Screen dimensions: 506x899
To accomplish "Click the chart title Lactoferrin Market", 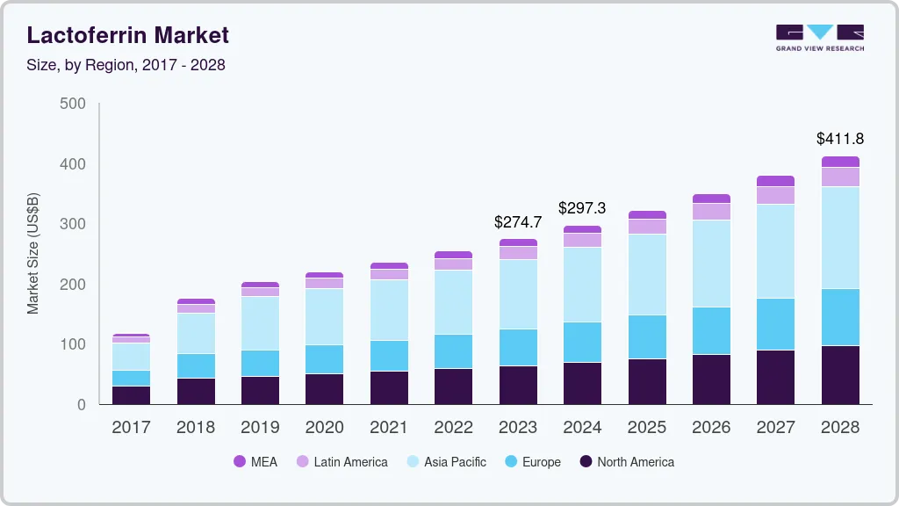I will click(128, 35).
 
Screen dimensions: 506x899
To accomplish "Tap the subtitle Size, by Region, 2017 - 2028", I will click(126, 65).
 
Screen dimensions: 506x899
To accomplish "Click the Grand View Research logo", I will click(819, 38).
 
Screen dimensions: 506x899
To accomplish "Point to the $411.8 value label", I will click(840, 139).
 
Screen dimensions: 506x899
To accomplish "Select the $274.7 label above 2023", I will click(518, 221).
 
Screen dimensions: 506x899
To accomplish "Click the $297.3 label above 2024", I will click(582, 208).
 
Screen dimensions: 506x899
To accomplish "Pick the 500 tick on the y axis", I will click(74, 104).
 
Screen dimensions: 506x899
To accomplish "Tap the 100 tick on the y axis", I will click(74, 344).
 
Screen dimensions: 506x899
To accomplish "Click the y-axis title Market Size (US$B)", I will click(33, 254).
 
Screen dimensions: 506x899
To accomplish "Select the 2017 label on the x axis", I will click(131, 428).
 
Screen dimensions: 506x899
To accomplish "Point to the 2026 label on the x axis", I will click(711, 428).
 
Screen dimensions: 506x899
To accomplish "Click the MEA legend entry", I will click(255, 461).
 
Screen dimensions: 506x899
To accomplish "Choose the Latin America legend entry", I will click(342, 461).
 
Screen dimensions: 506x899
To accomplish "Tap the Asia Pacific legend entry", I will click(445, 461).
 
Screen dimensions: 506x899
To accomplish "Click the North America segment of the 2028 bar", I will click(840, 375).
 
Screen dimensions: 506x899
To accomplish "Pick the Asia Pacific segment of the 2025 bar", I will click(647, 274).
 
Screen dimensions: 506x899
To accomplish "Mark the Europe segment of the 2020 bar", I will click(324, 359).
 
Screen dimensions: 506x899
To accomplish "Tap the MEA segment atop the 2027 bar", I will click(776, 181).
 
